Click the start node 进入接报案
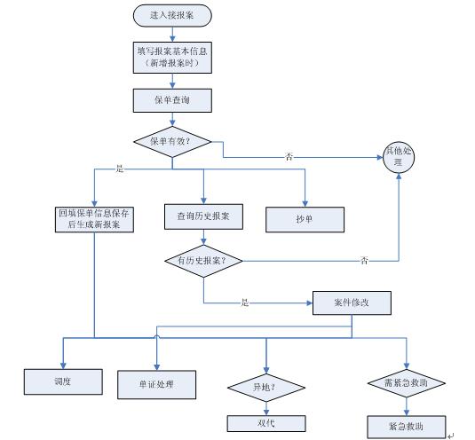coord(172,15)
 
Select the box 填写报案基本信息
coord(172,58)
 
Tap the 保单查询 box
coord(172,100)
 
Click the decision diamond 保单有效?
coord(172,142)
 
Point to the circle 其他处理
coord(399,157)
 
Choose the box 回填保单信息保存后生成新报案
coord(94,219)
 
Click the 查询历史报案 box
coord(203,216)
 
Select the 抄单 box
coord(305,219)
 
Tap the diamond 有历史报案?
coord(203,261)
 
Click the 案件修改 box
coord(352,302)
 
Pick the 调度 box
coord(63,381)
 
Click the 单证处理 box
coord(156,385)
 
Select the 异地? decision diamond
coord(266,388)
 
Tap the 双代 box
coord(266,423)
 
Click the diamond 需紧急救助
coord(407,383)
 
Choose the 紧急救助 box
coord(407,427)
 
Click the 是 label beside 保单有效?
coord(120,169)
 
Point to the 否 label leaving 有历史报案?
coord(364,260)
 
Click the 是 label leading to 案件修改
coord(245,302)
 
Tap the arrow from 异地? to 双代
coord(266,409)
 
